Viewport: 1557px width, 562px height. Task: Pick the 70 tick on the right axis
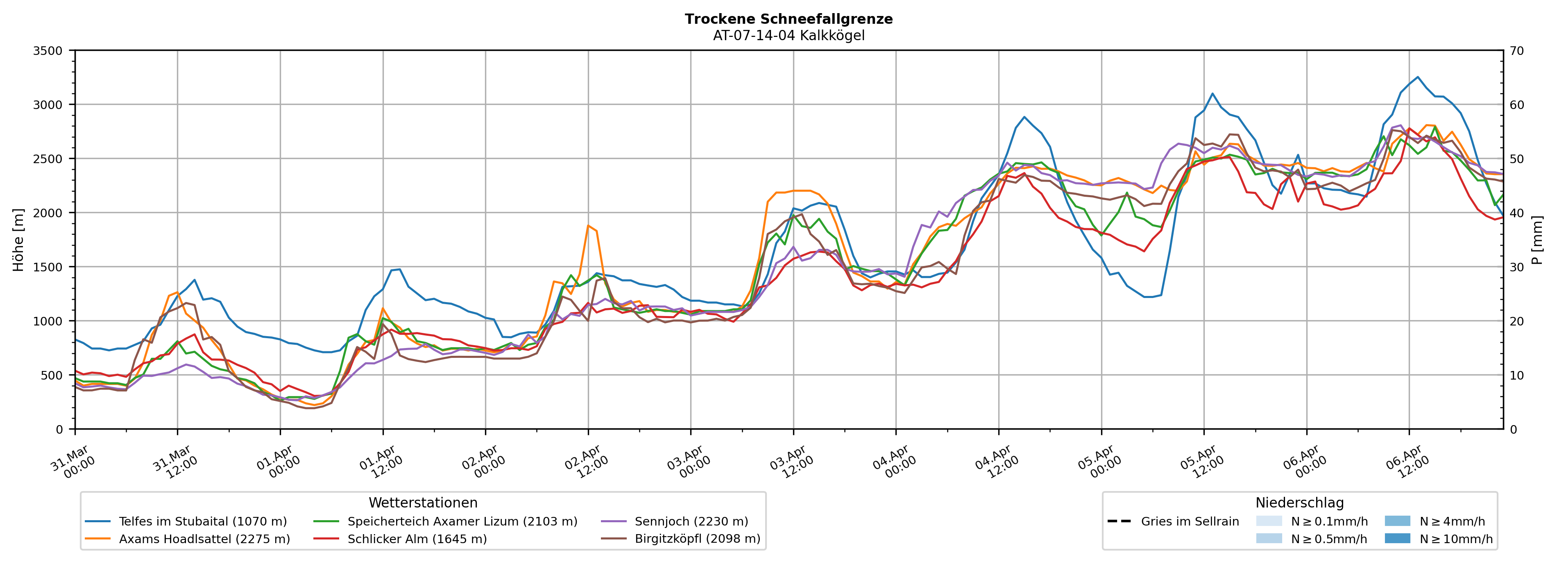[x=1516, y=51]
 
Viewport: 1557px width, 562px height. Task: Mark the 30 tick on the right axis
[x=1516, y=267]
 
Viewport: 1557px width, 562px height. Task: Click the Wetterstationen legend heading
[x=423, y=503]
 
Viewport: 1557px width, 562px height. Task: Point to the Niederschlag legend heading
[x=1299, y=503]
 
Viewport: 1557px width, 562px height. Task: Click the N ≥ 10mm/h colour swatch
[x=1397, y=538]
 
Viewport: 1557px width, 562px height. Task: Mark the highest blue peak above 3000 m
[x=1417, y=77]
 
